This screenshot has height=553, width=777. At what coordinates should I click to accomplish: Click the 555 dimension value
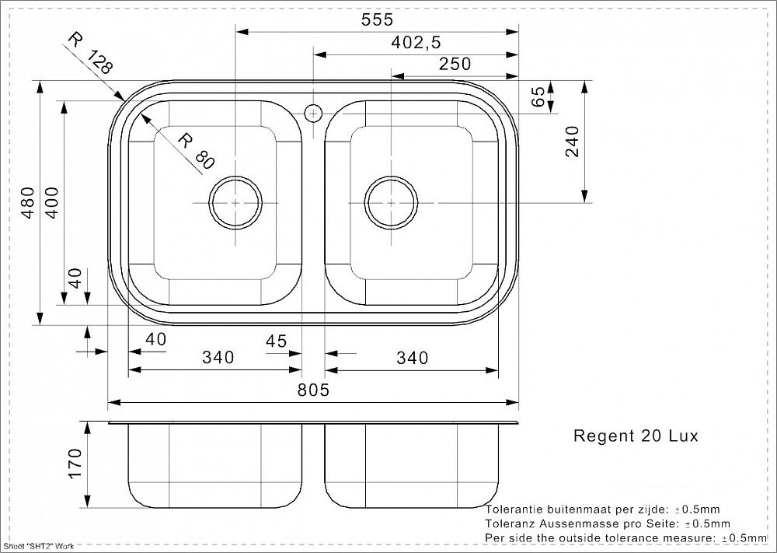pos(377,19)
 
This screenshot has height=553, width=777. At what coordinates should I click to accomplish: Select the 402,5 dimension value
pos(416,42)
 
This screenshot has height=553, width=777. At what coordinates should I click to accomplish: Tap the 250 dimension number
pos(455,64)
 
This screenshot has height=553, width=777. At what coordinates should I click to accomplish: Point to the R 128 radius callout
pos(91,53)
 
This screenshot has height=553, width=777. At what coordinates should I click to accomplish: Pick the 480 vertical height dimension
pos(28,202)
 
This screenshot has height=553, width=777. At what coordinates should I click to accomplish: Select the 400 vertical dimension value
pos(51,202)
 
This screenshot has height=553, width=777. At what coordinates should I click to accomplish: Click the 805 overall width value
pos(313,390)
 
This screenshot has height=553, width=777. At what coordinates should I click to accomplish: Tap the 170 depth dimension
pos(75,464)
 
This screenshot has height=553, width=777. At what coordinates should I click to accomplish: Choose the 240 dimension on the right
pos(572,142)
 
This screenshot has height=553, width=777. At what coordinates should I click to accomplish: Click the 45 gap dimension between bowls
pos(276,341)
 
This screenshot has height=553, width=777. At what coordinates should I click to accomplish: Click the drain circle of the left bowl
pos(235,202)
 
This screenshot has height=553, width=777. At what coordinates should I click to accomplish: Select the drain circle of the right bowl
pos(391,202)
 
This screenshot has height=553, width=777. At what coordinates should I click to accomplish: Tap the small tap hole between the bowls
pos(313,114)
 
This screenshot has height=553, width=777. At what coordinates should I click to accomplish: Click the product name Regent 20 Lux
pos(636,436)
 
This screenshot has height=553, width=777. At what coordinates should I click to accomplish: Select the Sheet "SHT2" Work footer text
pos(39,546)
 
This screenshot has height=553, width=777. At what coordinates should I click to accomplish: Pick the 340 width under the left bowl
pos(218,357)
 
